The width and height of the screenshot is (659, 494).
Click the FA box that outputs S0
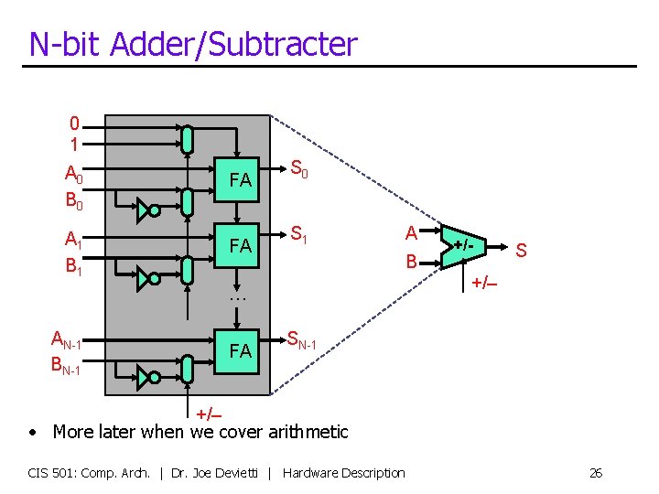point(241,180)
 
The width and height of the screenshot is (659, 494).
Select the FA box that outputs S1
point(241,245)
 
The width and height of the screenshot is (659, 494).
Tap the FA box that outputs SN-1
point(241,350)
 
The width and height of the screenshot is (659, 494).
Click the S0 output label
point(298,167)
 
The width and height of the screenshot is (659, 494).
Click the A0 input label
point(74,173)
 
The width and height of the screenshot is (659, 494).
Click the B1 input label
point(74,266)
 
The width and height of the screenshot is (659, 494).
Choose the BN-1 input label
point(67,369)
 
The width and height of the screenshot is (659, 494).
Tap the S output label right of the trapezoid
point(521,249)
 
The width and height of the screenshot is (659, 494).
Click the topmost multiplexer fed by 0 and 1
point(187,139)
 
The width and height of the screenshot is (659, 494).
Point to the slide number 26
point(596,473)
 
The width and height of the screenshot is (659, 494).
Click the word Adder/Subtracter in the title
point(233,44)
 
